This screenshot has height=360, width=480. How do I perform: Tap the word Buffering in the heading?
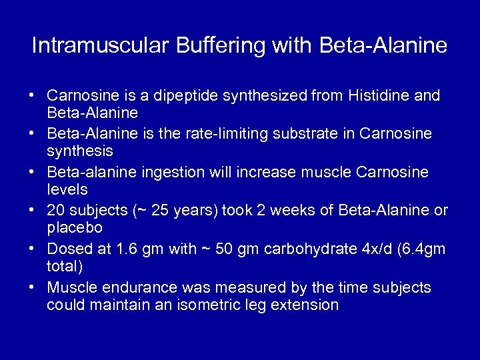[212, 46]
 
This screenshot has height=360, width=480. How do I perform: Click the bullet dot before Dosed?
[33, 249]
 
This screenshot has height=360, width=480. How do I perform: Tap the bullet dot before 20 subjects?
[33, 211]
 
